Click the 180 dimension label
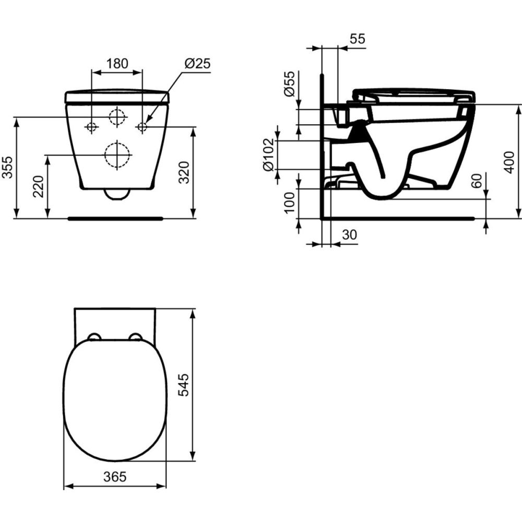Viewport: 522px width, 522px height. [117, 64]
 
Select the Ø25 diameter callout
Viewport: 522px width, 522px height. [197, 64]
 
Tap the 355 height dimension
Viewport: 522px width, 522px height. [7, 167]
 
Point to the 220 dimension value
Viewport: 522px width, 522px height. [39, 186]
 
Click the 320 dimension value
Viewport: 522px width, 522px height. [184, 172]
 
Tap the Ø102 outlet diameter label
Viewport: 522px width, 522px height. [268, 155]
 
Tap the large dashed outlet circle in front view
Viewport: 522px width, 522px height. [117, 155]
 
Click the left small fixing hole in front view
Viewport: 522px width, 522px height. [92, 127]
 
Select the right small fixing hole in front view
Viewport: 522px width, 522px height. [142, 127]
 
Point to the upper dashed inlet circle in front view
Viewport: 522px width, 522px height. [117, 116]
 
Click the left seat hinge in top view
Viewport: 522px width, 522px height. [94, 337]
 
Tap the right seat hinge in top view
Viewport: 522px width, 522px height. [135, 337]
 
